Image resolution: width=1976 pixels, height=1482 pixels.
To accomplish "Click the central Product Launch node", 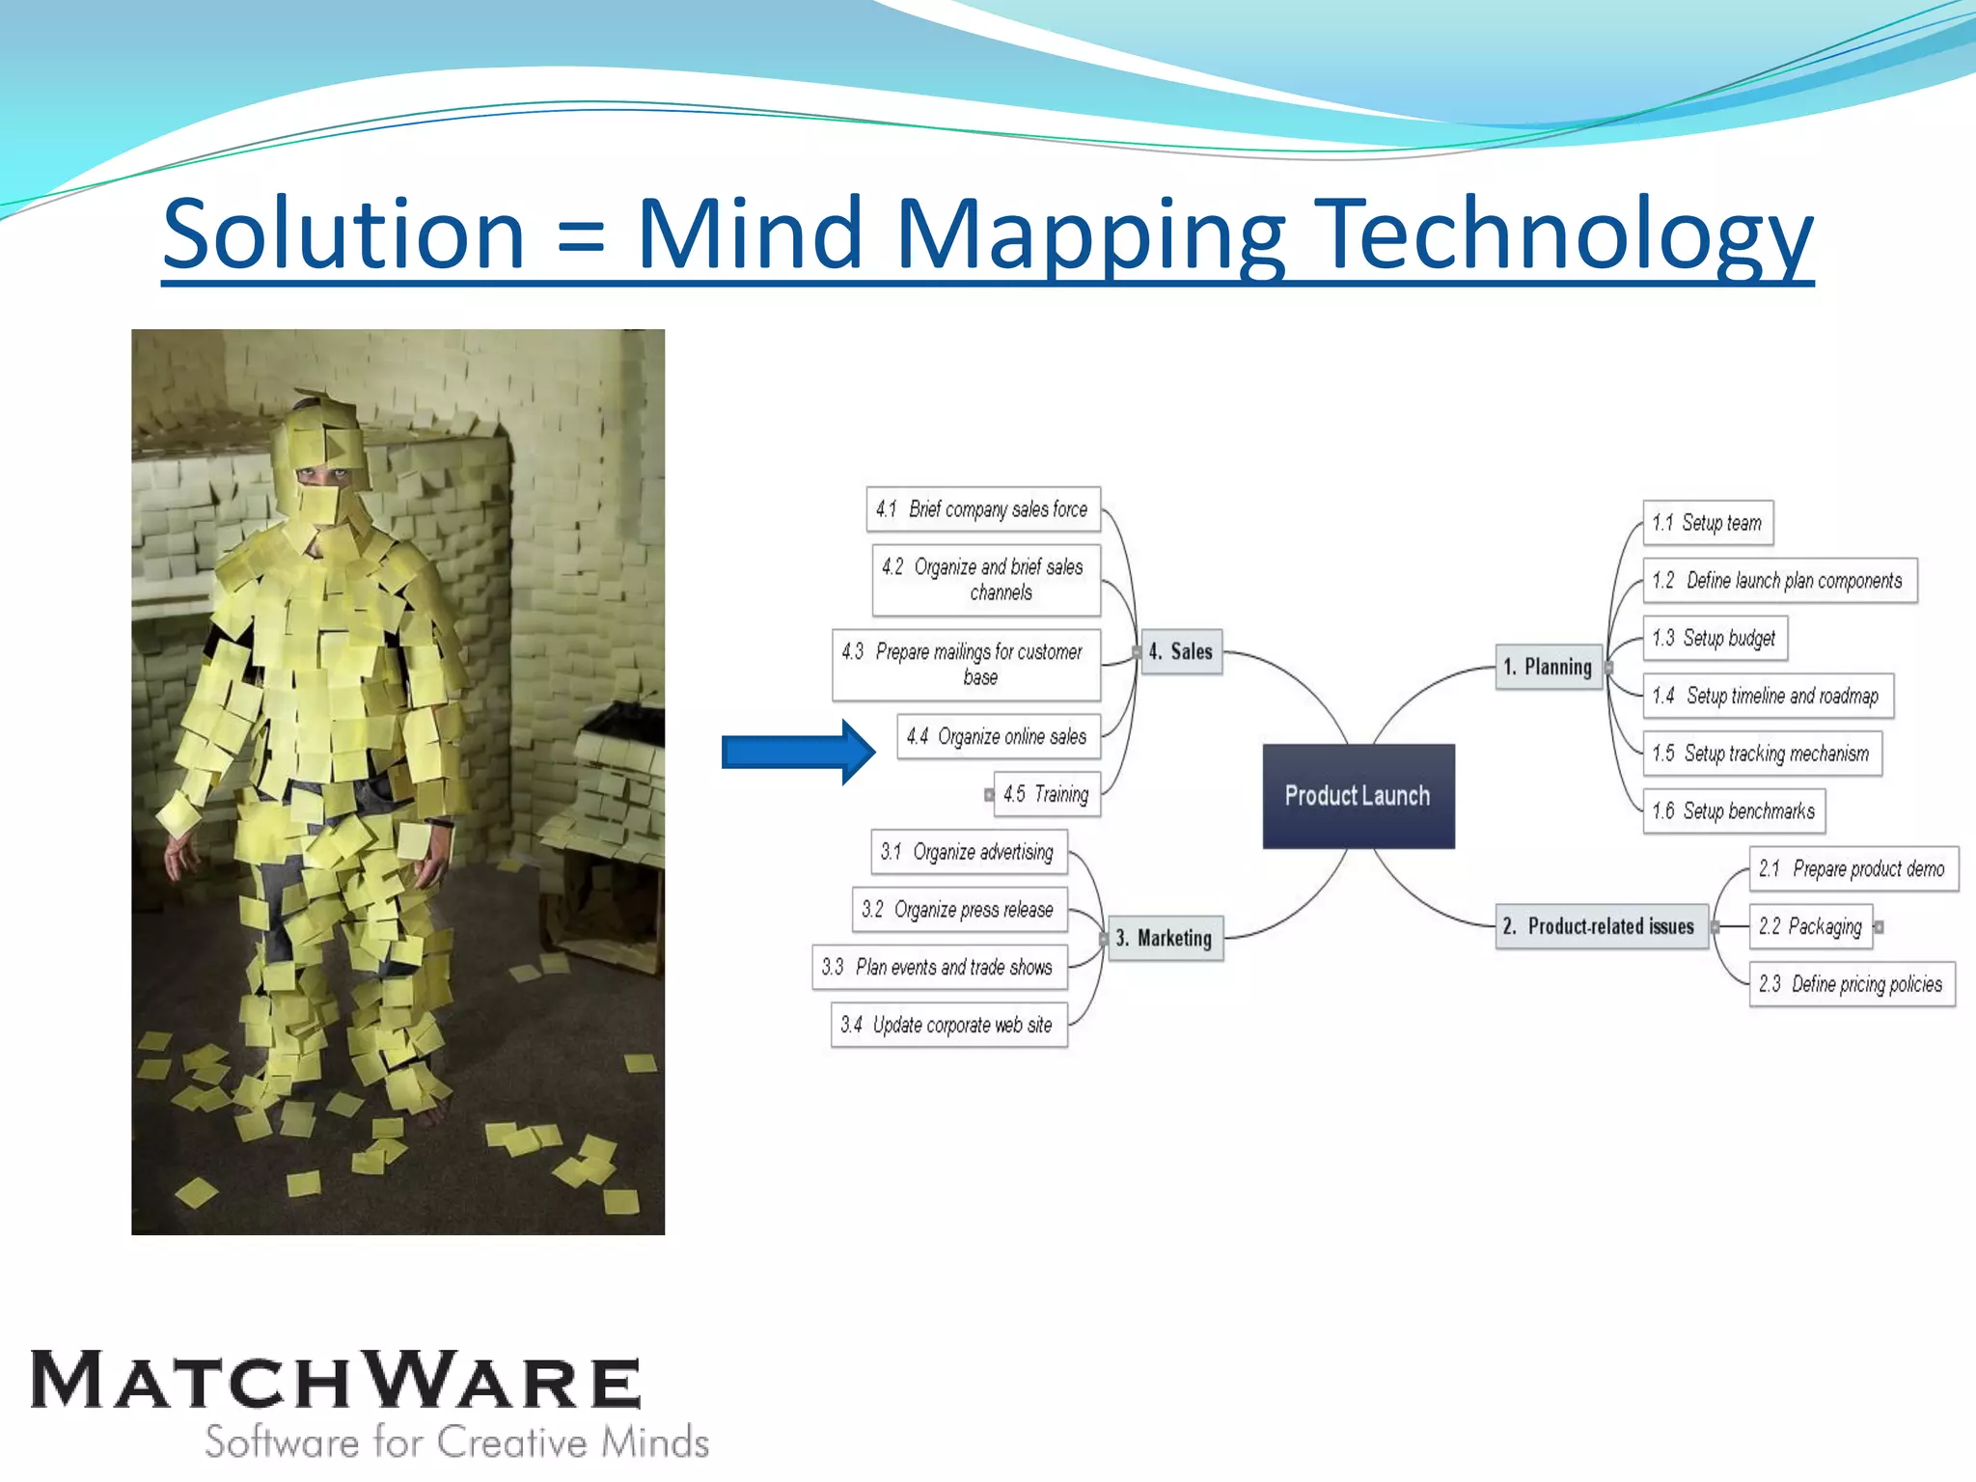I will pos(1358,796).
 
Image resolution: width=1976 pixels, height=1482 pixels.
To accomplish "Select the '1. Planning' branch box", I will pos(1549,667).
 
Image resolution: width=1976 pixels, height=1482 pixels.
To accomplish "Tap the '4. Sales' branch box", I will pos(1180,651).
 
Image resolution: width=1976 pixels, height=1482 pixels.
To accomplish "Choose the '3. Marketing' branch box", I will pos(1165,938).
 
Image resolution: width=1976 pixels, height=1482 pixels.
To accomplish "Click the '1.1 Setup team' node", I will pos(1707,523).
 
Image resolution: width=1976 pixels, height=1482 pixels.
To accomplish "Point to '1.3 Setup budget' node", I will pos(1715,638).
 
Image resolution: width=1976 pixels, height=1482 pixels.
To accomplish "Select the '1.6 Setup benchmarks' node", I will pos(1734,810).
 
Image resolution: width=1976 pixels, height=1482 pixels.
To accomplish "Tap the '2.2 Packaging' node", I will pos(1810,926).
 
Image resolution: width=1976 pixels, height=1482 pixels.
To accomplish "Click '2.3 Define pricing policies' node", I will pos(1851,984).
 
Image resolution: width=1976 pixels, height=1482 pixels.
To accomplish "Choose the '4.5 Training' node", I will pos(1046,794).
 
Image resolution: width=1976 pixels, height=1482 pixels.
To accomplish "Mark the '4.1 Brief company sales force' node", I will pos(982,508).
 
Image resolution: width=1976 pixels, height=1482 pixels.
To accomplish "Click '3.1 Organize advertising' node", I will pos(968,852).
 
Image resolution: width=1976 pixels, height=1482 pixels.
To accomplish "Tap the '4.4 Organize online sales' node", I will pos(998,737).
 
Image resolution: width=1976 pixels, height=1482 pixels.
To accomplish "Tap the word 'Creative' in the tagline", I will pos(512,1441).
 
